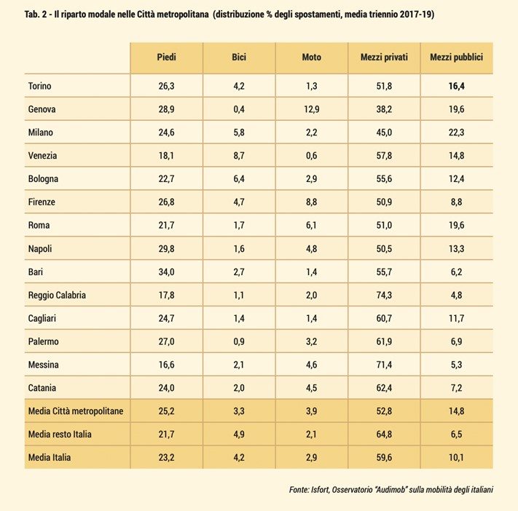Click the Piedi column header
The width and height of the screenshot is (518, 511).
(x=166, y=57)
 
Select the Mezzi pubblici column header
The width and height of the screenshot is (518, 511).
(x=457, y=57)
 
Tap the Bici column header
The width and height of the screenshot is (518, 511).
(x=239, y=57)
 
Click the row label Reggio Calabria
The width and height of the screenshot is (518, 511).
(x=57, y=295)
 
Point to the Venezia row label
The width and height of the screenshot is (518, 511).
(x=43, y=156)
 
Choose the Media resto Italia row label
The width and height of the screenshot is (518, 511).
(x=64, y=435)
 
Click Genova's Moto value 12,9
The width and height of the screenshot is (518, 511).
(x=311, y=109)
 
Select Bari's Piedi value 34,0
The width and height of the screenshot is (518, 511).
(x=166, y=272)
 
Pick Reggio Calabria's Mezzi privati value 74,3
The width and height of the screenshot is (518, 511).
(x=384, y=295)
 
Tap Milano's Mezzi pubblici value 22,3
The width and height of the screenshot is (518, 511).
(x=457, y=132)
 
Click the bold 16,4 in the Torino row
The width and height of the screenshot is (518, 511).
(x=457, y=86)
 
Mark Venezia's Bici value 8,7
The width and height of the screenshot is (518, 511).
(x=239, y=156)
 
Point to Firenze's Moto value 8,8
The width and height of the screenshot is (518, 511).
(x=311, y=202)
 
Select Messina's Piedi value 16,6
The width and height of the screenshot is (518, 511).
(x=166, y=365)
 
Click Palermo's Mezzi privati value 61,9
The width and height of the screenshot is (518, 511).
(x=384, y=341)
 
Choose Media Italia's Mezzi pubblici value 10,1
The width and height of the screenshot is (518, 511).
(x=457, y=458)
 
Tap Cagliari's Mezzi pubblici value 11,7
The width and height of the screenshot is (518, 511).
(x=457, y=318)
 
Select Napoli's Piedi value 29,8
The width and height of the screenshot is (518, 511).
(x=166, y=248)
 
